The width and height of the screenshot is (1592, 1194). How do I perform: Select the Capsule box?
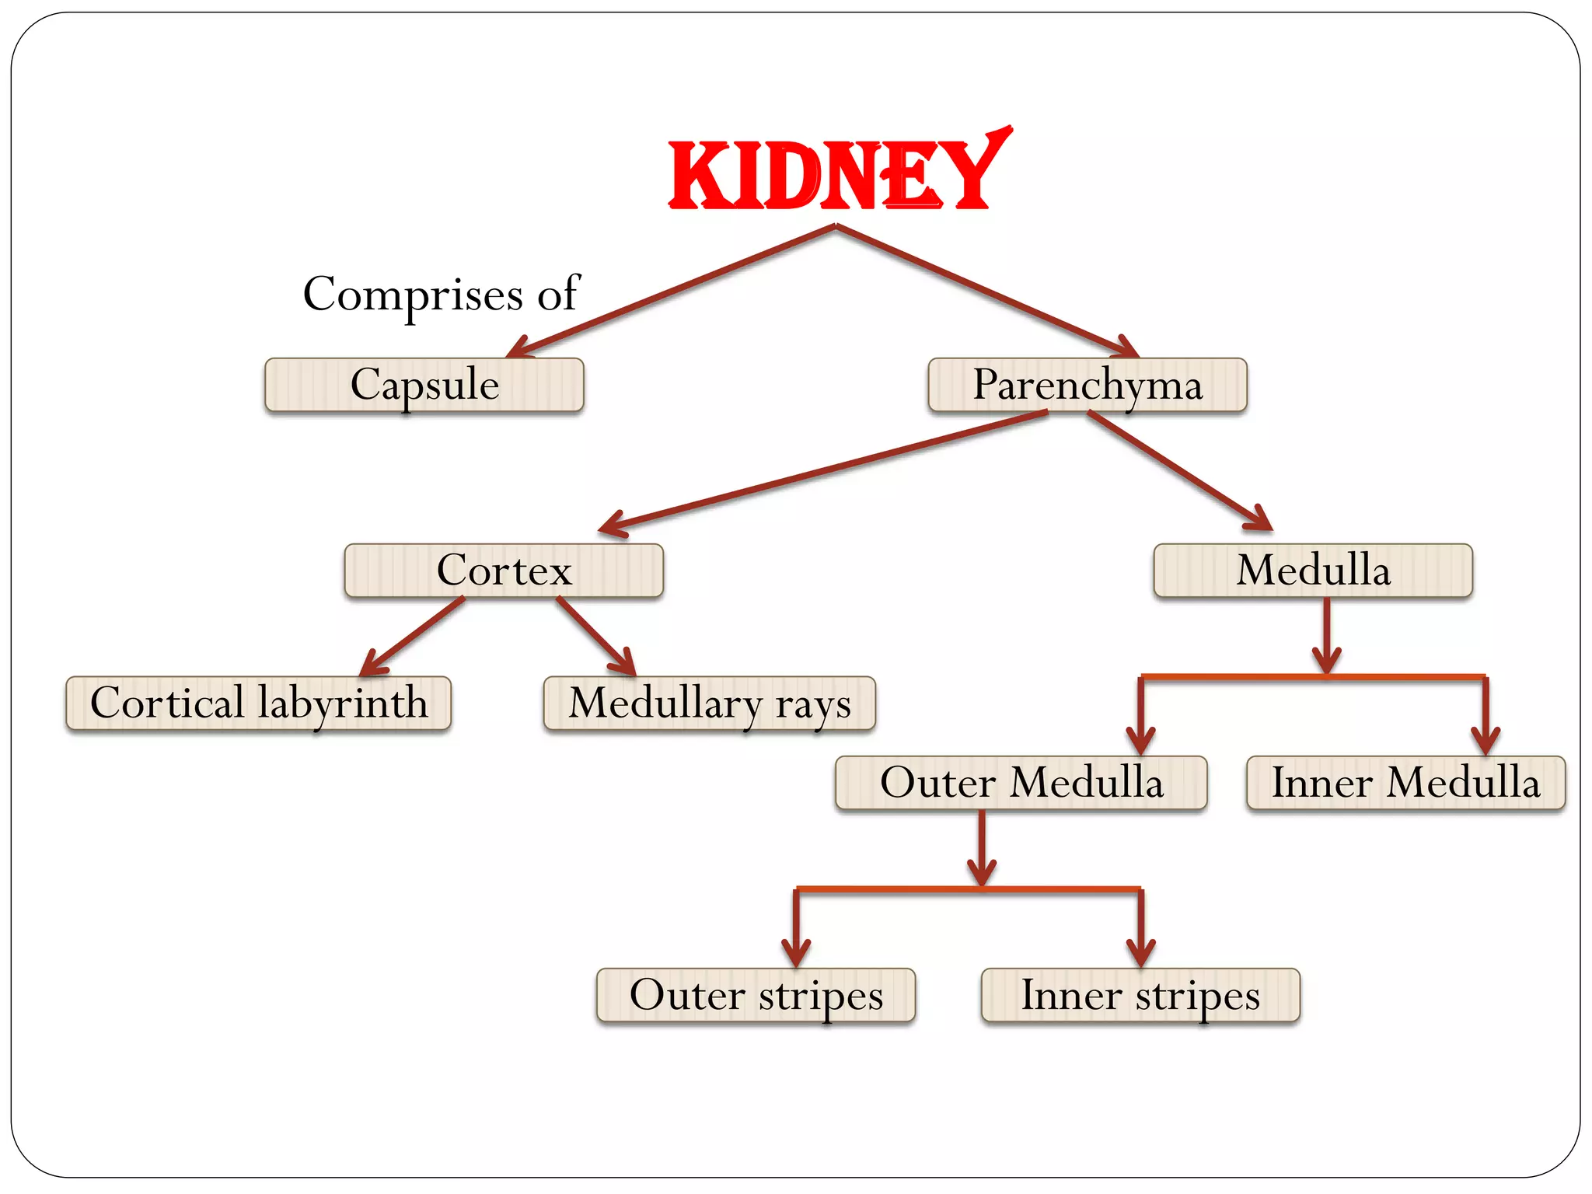coord(424,385)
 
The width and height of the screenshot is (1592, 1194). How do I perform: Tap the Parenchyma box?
coord(1087,385)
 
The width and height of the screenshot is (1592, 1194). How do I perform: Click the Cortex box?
coord(504,571)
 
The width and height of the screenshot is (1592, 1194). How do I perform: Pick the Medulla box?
coord(1313,571)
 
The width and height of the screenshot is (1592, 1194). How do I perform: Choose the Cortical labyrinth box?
coord(258,703)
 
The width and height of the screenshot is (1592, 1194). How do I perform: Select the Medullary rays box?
coord(709,703)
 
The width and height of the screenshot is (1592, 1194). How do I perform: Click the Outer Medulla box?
coord(1021,783)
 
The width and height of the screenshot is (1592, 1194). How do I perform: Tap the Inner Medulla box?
coord(1405,783)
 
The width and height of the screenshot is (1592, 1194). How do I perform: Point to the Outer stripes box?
coord(756,995)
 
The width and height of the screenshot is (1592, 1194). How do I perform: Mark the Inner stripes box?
coord(1140,995)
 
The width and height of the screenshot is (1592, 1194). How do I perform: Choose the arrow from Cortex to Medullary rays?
coord(595,635)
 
